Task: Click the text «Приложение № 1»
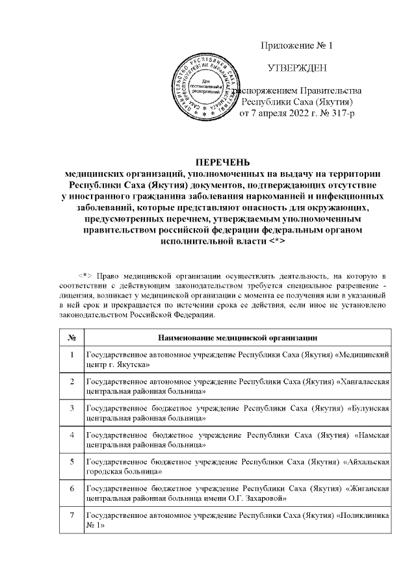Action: click(296, 46)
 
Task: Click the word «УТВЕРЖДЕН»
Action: click(298, 68)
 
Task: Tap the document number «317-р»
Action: click(338, 114)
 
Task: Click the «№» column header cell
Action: click(70, 337)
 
